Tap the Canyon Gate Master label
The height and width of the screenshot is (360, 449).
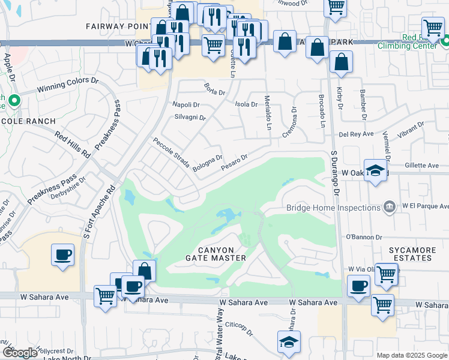(223, 253)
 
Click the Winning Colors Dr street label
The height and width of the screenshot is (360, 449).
(68, 84)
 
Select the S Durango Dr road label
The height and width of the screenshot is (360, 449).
(336, 174)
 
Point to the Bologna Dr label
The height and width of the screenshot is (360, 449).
(208, 161)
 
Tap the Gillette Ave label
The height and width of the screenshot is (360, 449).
(421, 165)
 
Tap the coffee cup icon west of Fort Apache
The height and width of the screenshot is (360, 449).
(62, 254)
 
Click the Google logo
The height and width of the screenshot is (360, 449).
(20, 353)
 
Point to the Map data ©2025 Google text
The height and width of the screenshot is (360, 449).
(411, 355)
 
